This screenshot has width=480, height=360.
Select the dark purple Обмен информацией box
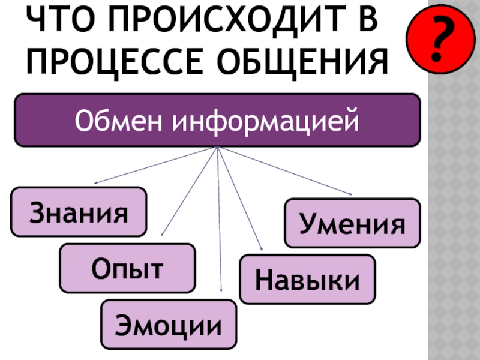pos(217,120)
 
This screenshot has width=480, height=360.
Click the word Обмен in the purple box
pos(120,121)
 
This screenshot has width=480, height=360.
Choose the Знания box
pos(79,211)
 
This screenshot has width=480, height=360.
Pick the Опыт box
pos(127,268)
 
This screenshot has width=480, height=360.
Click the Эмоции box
pos(169,325)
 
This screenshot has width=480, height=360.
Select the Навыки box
pos(307,279)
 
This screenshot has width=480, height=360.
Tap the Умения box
pos(352,223)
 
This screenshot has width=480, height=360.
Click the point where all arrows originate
pos(217,147)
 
